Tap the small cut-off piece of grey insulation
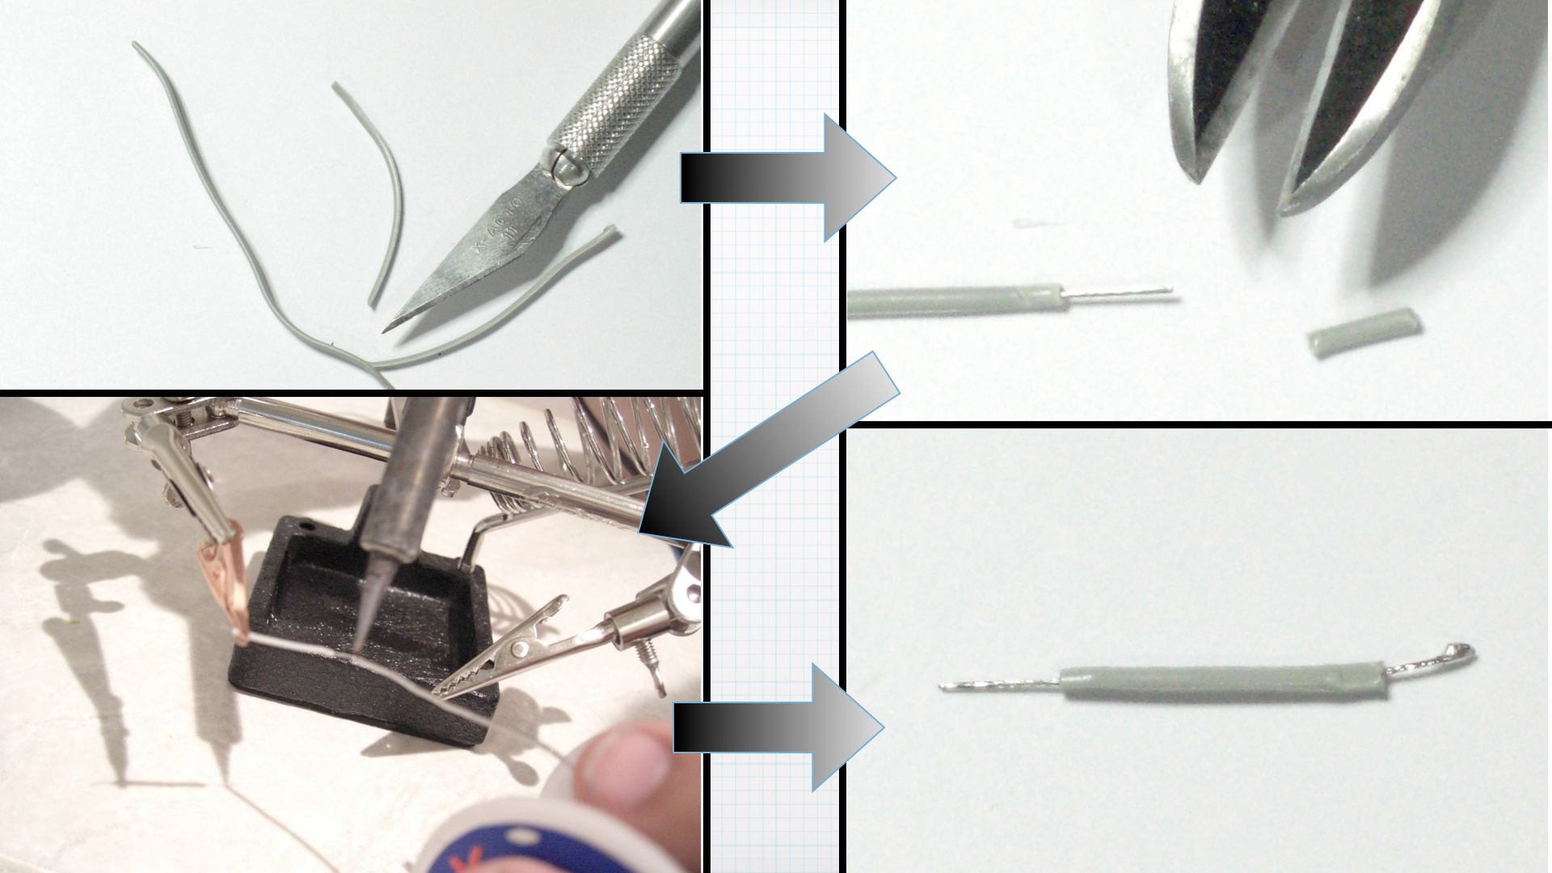(1364, 331)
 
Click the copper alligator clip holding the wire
(222, 582)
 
